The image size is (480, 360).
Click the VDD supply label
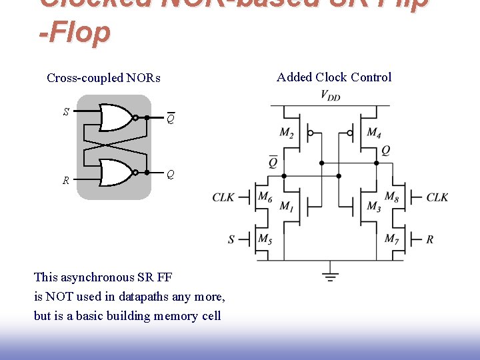[330, 95]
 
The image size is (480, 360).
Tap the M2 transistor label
[287, 133]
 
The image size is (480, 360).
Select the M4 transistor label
[374, 133]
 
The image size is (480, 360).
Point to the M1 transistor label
[286, 207]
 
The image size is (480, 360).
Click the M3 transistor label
[374, 207]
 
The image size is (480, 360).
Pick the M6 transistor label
[265, 197]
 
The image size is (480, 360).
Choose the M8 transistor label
[392, 197]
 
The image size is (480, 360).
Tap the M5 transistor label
[265, 238]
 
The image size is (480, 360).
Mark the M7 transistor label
[392, 238]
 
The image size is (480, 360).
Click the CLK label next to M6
[223, 197]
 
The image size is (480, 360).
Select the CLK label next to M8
[437, 197]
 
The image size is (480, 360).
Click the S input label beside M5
[231, 239]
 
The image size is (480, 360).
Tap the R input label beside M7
[430, 239]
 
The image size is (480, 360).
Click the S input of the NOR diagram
[65, 111]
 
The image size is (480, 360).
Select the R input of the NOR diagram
[65, 180]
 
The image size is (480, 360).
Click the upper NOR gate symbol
[116, 118]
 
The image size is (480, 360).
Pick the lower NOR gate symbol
[116, 172]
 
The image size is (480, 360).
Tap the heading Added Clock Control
[334, 77]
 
